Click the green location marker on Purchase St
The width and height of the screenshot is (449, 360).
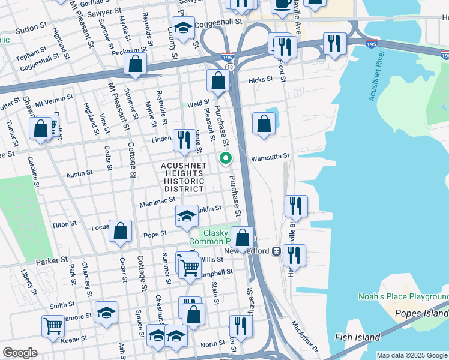[226, 158]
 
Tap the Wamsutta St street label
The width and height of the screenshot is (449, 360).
[270, 155]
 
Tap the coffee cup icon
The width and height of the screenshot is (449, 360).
[282, 5]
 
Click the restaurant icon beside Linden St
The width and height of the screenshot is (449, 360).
[184, 140]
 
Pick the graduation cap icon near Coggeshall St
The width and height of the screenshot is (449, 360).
[183, 27]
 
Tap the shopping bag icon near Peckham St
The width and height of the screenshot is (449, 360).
[136, 64]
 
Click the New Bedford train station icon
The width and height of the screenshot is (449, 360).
[277, 251]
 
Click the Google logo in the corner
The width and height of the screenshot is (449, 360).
[20, 353]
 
